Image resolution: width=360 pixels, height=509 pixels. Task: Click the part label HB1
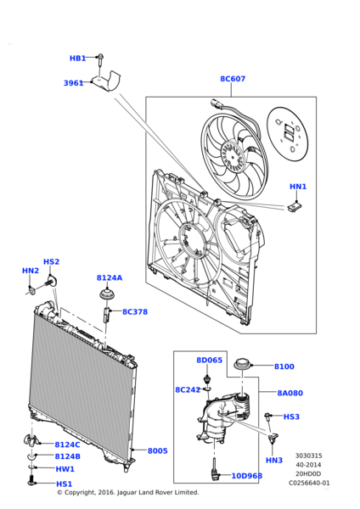(x=77, y=59)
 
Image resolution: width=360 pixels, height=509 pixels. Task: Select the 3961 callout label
(x=73, y=83)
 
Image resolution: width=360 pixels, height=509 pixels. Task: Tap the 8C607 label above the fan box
(x=233, y=79)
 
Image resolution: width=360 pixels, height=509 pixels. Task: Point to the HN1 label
(x=298, y=187)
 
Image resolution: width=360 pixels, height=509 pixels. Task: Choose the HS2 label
(x=51, y=262)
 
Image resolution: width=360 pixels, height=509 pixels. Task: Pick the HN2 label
(x=30, y=271)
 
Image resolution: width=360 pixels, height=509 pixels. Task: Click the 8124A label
(x=109, y=277)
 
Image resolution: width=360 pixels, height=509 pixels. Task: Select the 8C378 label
(x=134, y=312)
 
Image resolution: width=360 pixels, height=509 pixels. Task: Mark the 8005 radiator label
(x=157, y=451)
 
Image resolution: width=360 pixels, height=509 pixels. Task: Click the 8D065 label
(x=209, y=361)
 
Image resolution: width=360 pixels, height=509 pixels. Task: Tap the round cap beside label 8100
(x=245, y=365)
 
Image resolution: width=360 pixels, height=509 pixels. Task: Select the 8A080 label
(x=290, y=393)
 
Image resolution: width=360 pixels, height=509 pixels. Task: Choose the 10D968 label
(x=247, y=476)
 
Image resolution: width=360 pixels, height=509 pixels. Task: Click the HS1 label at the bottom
(x=64, y=484)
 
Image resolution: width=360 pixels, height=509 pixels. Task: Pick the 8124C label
(x=67, y=445)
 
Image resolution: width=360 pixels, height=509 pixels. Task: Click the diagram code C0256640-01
(x=309, y=483)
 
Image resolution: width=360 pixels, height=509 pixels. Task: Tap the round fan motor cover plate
(x=290, y=132)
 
